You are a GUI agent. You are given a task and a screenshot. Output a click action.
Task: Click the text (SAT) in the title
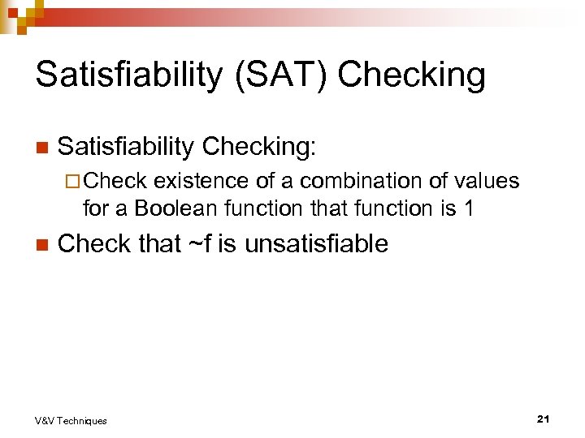click(x=277, y=75)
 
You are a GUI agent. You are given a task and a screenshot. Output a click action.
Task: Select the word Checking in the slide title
click(x=411, y=75)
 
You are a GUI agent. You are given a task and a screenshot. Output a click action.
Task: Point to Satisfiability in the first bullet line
click(x=127, y=147)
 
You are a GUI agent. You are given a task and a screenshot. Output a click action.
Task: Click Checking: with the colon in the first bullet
click(x=262, y=147)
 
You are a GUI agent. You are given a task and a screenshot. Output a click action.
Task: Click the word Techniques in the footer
click(x=81, y=420)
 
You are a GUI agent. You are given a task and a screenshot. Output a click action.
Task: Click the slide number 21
click(x=544, y=419)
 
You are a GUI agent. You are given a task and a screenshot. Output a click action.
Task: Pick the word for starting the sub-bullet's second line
click(x=94, y=208)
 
